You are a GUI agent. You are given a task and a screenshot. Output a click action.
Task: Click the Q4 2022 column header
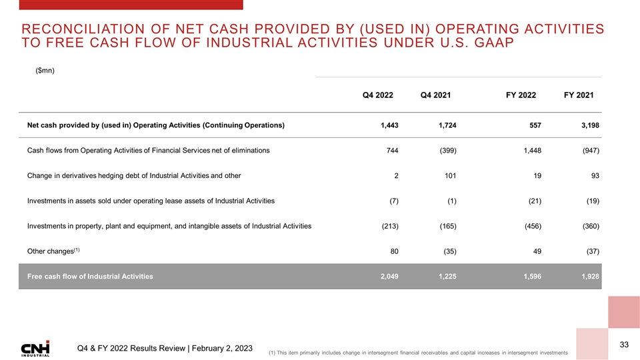point(377,95)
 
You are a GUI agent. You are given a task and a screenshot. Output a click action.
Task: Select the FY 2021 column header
point(579,95)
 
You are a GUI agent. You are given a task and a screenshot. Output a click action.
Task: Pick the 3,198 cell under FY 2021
point(589,125)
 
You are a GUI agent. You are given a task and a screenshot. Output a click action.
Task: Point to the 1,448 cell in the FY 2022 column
point(529,151)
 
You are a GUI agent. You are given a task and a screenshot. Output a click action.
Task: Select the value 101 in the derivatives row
point(450,175)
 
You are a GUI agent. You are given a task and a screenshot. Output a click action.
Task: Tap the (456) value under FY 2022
point(529,226)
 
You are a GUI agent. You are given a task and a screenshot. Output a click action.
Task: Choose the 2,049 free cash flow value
point(387,276)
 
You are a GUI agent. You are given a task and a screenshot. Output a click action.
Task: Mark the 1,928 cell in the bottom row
point(589,276)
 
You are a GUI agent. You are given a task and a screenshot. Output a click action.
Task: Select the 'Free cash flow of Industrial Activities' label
point(90,276)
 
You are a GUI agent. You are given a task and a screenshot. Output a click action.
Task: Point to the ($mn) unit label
point(45,71)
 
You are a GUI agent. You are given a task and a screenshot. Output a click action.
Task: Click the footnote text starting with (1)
point(417,352)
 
